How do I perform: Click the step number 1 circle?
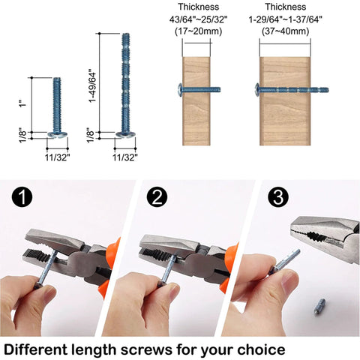pos(23,199)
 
